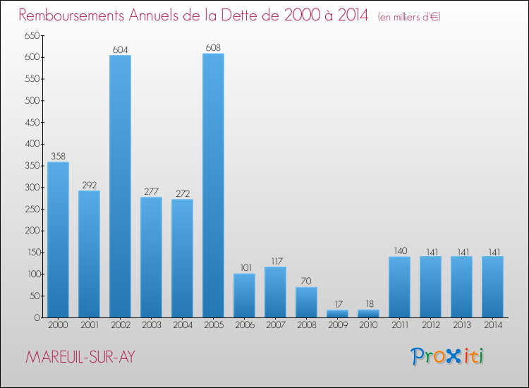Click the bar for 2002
120,186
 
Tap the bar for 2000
58,240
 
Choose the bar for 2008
306,302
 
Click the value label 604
120,49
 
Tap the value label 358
58,157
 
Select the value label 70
306,281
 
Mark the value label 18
368,304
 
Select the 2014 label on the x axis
492,326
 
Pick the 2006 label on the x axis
244,326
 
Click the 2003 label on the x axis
151,326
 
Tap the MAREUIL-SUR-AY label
80,358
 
